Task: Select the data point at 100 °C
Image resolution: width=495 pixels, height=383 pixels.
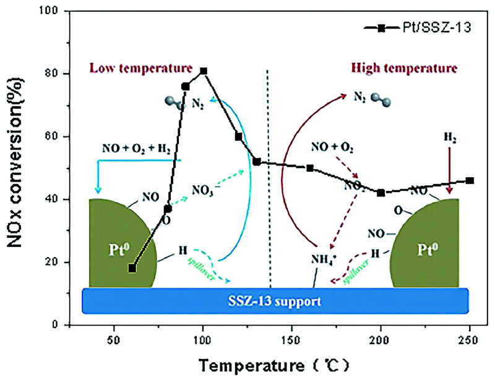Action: pos(204,71)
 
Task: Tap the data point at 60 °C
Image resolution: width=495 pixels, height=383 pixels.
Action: pos(132,268)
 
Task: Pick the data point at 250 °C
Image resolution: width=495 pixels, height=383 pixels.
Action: pos(470,180)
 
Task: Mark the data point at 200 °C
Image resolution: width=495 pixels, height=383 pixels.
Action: pos(381,193)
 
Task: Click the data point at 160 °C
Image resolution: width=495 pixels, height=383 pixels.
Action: pos(310,168)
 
